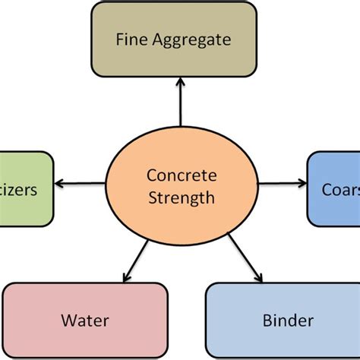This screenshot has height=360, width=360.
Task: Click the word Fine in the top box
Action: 131,39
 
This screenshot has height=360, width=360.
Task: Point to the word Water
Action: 85,321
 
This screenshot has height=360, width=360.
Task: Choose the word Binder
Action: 289,321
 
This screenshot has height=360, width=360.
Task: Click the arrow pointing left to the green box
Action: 81,183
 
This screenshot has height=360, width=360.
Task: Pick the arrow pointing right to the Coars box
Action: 281,183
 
